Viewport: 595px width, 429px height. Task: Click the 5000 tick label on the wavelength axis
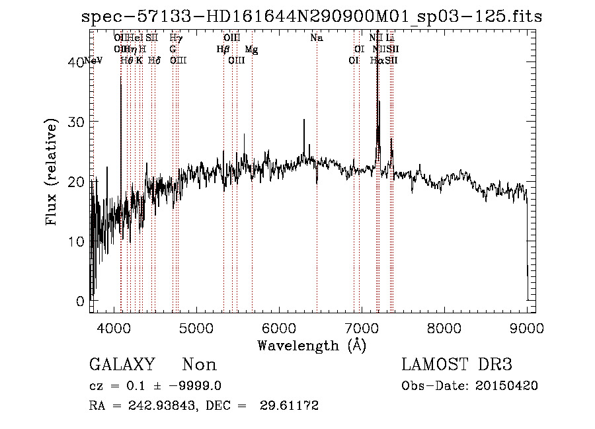196,327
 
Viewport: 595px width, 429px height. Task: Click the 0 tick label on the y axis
80,301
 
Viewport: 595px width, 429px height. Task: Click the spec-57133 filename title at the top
311,17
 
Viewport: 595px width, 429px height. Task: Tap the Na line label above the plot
317,38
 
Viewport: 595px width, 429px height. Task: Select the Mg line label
252,50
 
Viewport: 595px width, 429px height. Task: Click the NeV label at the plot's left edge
94,61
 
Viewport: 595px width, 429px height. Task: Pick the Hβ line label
223,50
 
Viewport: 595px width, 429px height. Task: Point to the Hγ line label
176,38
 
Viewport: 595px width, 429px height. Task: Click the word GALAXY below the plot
122,365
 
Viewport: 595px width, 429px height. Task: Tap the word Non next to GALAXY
199,365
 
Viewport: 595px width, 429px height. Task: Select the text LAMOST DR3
457,365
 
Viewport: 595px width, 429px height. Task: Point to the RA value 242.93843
157,406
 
